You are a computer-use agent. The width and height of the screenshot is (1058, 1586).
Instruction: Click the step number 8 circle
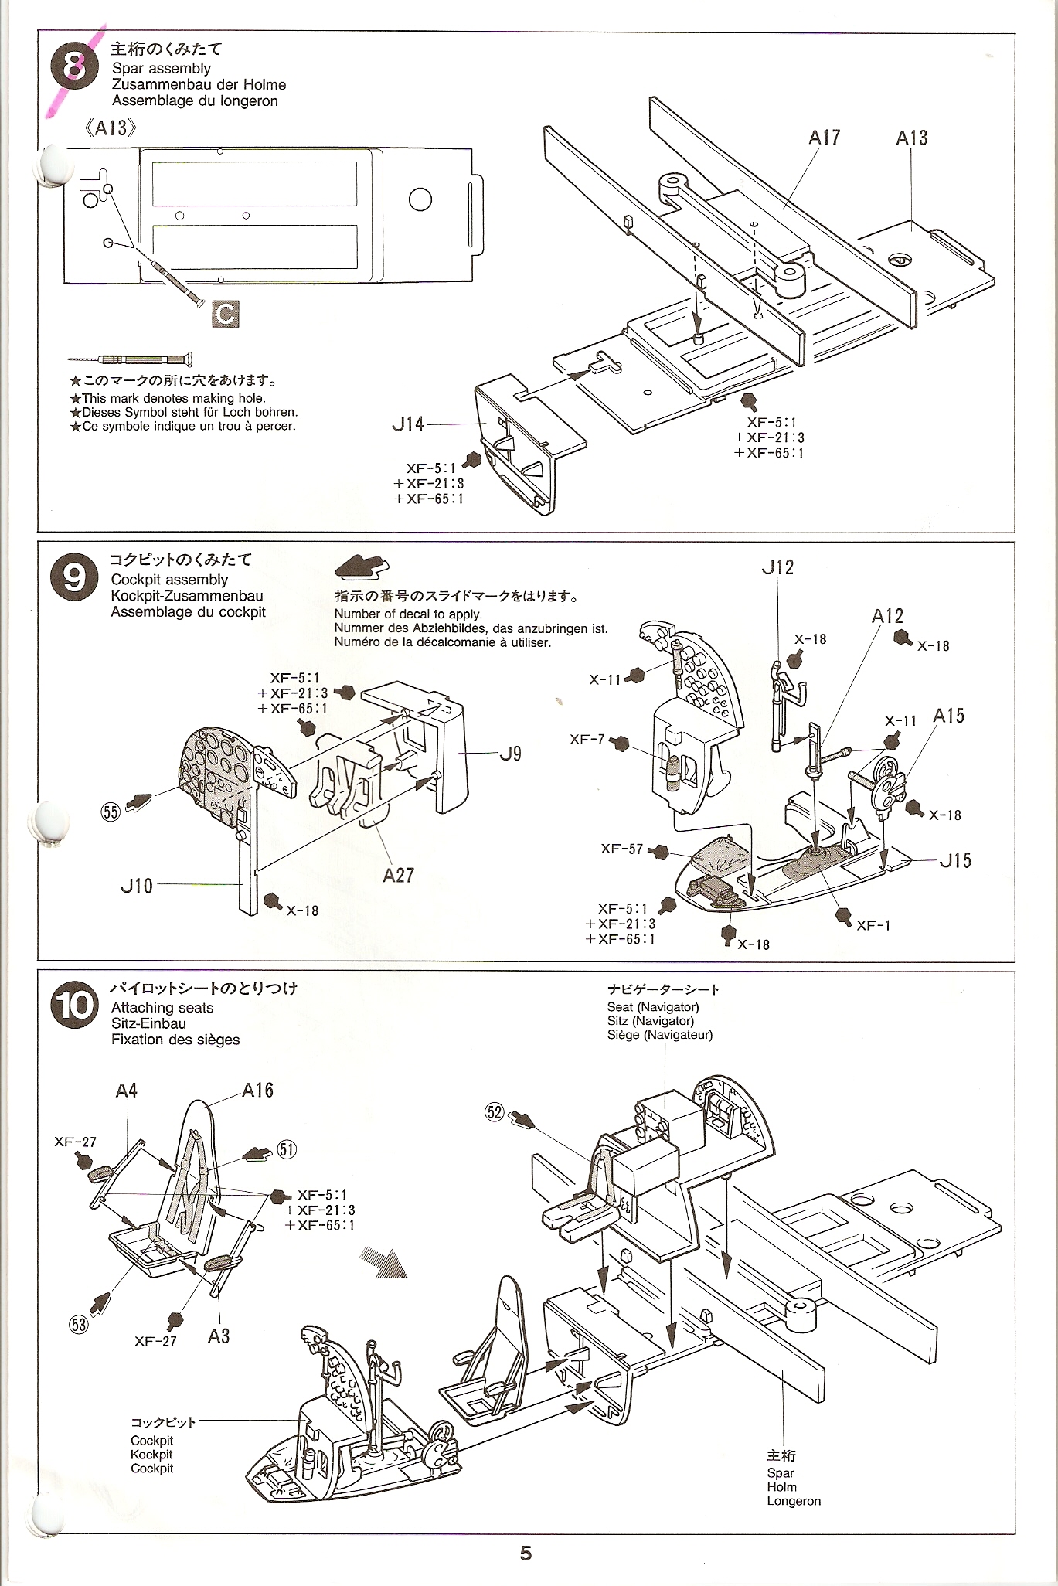pyautogui.click(x=75, y=66)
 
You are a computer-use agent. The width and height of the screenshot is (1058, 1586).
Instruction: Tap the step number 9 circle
pyautogui.click(x=74, y=577)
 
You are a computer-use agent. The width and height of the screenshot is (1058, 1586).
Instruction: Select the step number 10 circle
pyautogui.click(x=74, y=1005)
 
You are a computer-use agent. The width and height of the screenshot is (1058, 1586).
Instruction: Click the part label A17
pyautogui.click(x=824, y=138)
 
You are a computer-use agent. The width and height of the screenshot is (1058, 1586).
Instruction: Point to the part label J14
pyautogui.click(x=408, y=424)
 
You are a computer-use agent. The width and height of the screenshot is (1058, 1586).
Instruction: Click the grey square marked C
pyautogui.click(x=225, y=314)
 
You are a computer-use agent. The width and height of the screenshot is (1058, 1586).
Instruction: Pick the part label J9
pyautogui.click(x=510, y=754)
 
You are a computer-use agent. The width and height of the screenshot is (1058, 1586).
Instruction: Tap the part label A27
pyautogui.click(x=399, y=875)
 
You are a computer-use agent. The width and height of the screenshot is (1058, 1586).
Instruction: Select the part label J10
pyautogui.click(x=137, y=886)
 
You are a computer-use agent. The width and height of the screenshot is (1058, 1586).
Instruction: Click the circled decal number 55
pyautogui.click(x=111, y=812)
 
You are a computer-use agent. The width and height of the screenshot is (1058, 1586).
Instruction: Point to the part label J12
pyautogui.click(x=777, y=567)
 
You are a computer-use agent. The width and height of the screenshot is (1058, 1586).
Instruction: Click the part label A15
pyautogui.click(x=949, y=716)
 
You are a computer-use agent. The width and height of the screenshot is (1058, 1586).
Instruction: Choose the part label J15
pyautogui.click(x=955, y=860)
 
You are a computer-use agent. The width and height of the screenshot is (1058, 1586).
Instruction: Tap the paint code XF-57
pyautogui.click(x=622, y=849)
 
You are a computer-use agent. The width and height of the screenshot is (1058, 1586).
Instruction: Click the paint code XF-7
pyautogui.click(x=587, y=740)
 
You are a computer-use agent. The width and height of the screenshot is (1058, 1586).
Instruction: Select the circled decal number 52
pyautogui.click(x=494, y=1112)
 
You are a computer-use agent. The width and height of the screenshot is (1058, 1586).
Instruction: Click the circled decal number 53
pyautogui.click(x=79, y=1324)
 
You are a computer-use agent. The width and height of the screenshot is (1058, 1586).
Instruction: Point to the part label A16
pyautogui.click(x=257, y=1090)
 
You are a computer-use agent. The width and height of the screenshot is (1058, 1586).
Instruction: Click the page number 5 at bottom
pyautogui.click(x=526, y=1554)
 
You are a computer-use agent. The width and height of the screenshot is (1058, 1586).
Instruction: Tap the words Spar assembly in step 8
pyautogui.click(x=162, y=68)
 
